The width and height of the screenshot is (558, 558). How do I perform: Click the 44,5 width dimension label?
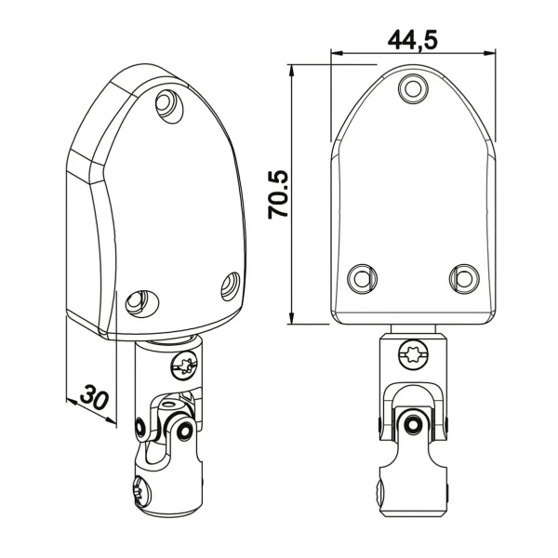pyautogui.click(x=412, y=39)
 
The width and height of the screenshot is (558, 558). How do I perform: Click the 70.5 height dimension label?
pyautogui.click(x=278, y=194)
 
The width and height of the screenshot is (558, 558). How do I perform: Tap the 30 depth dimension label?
pyautogui.click(x=93, y=396)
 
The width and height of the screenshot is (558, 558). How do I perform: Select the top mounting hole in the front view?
pyautogui.click(x=413, y=88)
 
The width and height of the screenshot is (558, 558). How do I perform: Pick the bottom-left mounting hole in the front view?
pyautogui.click(x=362, y=278)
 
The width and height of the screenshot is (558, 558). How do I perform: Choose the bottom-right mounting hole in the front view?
pyautogui.click(x=464, y=278)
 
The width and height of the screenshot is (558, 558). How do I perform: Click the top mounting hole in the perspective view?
pyautogui.click(x=169, y=106)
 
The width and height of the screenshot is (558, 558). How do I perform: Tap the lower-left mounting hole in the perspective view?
pyautogui.click(x=141, y=303)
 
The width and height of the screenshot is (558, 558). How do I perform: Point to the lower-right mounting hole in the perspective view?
pyautogui.click(x=231, y=286)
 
